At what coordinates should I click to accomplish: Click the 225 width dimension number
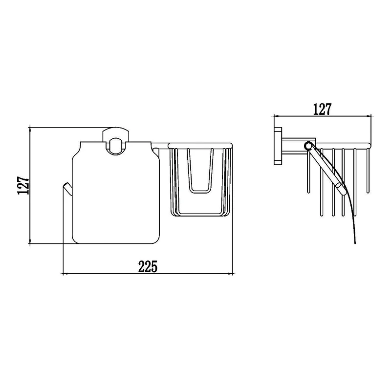148,266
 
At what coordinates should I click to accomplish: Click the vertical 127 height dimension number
23,185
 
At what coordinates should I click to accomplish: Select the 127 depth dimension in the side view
323,109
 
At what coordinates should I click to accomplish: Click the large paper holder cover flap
116,193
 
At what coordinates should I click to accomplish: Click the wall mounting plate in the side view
278,146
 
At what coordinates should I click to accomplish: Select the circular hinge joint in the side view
308,146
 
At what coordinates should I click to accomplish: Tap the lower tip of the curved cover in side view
355,242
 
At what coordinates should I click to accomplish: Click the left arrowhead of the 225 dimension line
63,274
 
